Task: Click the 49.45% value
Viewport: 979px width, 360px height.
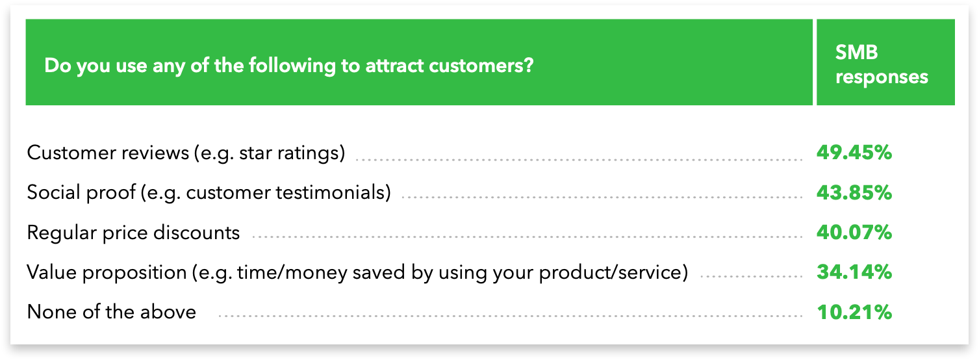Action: [x=854, y=153]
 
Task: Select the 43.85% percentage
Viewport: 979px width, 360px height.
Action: [x=854, y=192]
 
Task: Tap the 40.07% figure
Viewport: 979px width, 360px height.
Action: [x=854, y=232]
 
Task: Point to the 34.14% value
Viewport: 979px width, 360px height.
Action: [x=854, y=272]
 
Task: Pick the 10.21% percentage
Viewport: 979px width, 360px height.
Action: [x=854, y=313]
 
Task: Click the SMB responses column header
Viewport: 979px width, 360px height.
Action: [x=882, y=64]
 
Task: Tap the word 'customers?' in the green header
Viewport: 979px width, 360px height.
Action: [x=481, y=66]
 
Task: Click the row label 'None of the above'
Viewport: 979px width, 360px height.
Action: [x=112, y=312]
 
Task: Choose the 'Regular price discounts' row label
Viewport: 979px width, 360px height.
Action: [x=133, y=233]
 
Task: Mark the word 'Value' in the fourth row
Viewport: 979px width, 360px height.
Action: [x=52, y=272]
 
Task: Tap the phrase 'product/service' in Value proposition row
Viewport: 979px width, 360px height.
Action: [x=613, y=272]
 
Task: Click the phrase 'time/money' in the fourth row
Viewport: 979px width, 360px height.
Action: [x=292, y=272]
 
